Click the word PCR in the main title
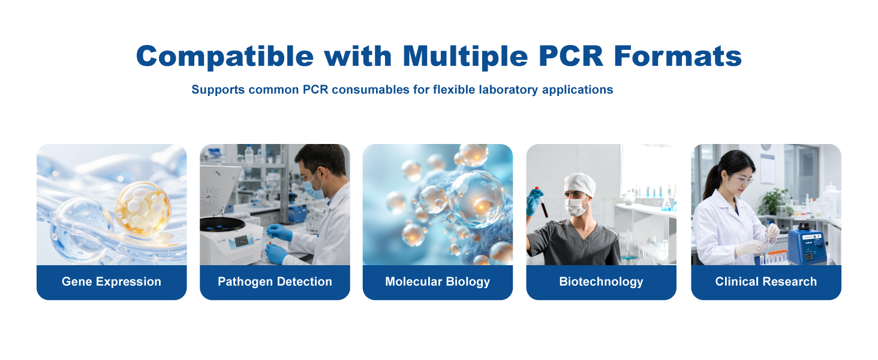click(571, 56)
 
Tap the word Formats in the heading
click(678, 56)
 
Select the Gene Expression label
click(112, 281)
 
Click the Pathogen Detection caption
click(275, 281)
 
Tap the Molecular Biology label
click(437, 281)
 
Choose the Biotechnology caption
click(601, 281)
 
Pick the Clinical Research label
click(766, 281)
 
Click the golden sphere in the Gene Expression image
click(143, 209)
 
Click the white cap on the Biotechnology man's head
click(579, 184)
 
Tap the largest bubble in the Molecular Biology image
click(477, 199)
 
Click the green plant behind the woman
click(773, 202)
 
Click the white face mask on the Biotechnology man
click(576, 207)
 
